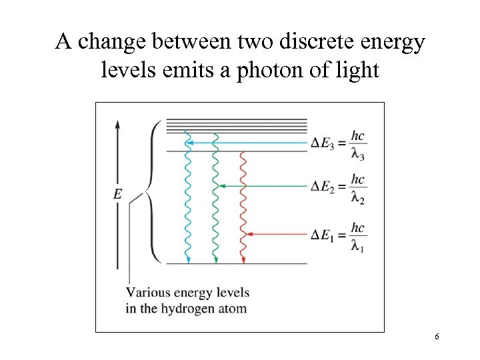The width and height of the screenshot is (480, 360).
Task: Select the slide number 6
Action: [x=437, y=337]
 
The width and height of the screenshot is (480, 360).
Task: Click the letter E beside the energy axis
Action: [x=117, y=194]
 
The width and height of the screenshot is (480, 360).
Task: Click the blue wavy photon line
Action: [x=188, y=200]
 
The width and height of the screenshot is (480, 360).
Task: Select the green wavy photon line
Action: [x=215, y=200]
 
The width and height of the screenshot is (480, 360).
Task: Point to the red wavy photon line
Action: [x=243, y=207]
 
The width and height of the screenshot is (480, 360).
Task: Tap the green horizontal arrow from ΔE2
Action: [x=263, y=187]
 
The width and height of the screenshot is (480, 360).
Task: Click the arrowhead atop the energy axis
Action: [x=118, y=125]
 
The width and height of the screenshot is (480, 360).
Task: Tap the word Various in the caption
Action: [x=148, y=293]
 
